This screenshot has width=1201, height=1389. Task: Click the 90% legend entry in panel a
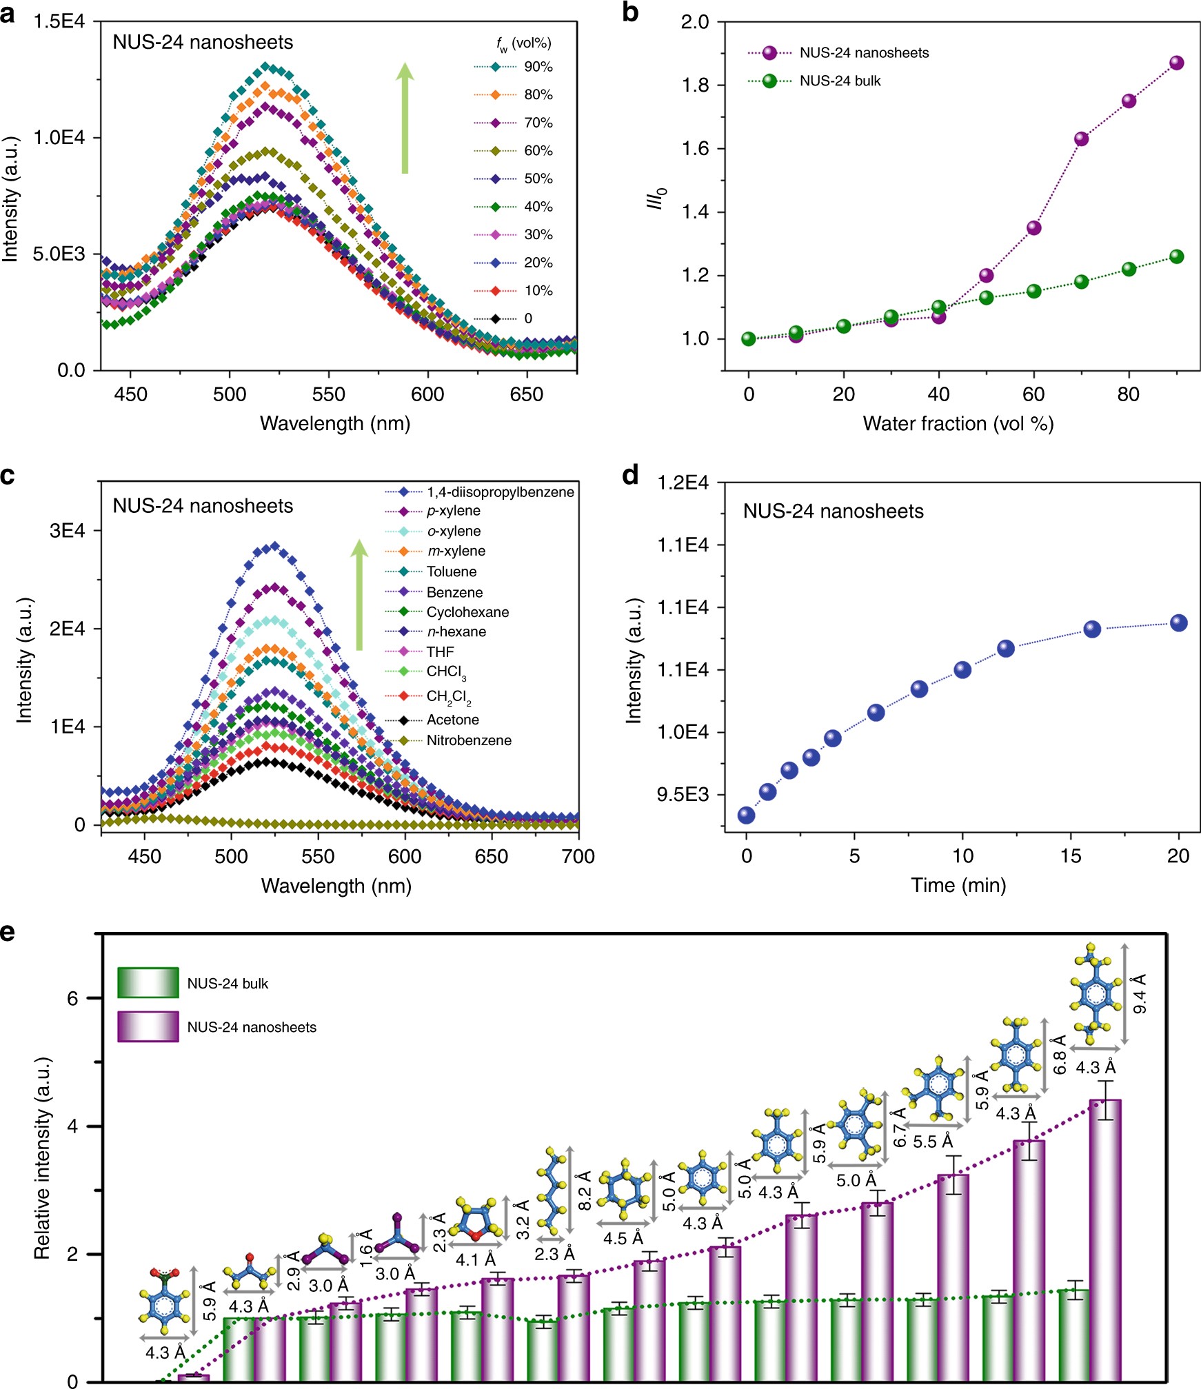coord(538,67)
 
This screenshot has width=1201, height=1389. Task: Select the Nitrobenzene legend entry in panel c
coord(469,740)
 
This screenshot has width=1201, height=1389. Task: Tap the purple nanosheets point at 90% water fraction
coord(1176,63)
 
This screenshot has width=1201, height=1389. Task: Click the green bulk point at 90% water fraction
coord(1176,257)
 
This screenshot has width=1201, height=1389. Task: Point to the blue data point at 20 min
coord(1179,623)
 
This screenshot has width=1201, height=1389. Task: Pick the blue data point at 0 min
coord(746,815)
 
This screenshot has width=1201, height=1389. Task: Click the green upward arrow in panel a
coord(405,117)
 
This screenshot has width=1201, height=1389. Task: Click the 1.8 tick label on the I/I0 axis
coord(695,85)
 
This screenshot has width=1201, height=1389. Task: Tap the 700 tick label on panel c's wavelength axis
coord(578,857)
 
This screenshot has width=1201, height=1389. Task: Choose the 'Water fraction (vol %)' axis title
coord(958,423)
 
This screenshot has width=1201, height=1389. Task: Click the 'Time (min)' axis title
coord(958,885)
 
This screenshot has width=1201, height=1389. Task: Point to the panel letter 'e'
coord(8,932)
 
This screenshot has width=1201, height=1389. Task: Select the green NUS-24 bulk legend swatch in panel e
coord(148,983)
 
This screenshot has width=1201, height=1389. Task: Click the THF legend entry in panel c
coord(440,651)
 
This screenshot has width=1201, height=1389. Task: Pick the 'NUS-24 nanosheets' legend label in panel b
coord(864,53)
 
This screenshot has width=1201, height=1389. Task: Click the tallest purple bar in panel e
coord(1105,1241)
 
